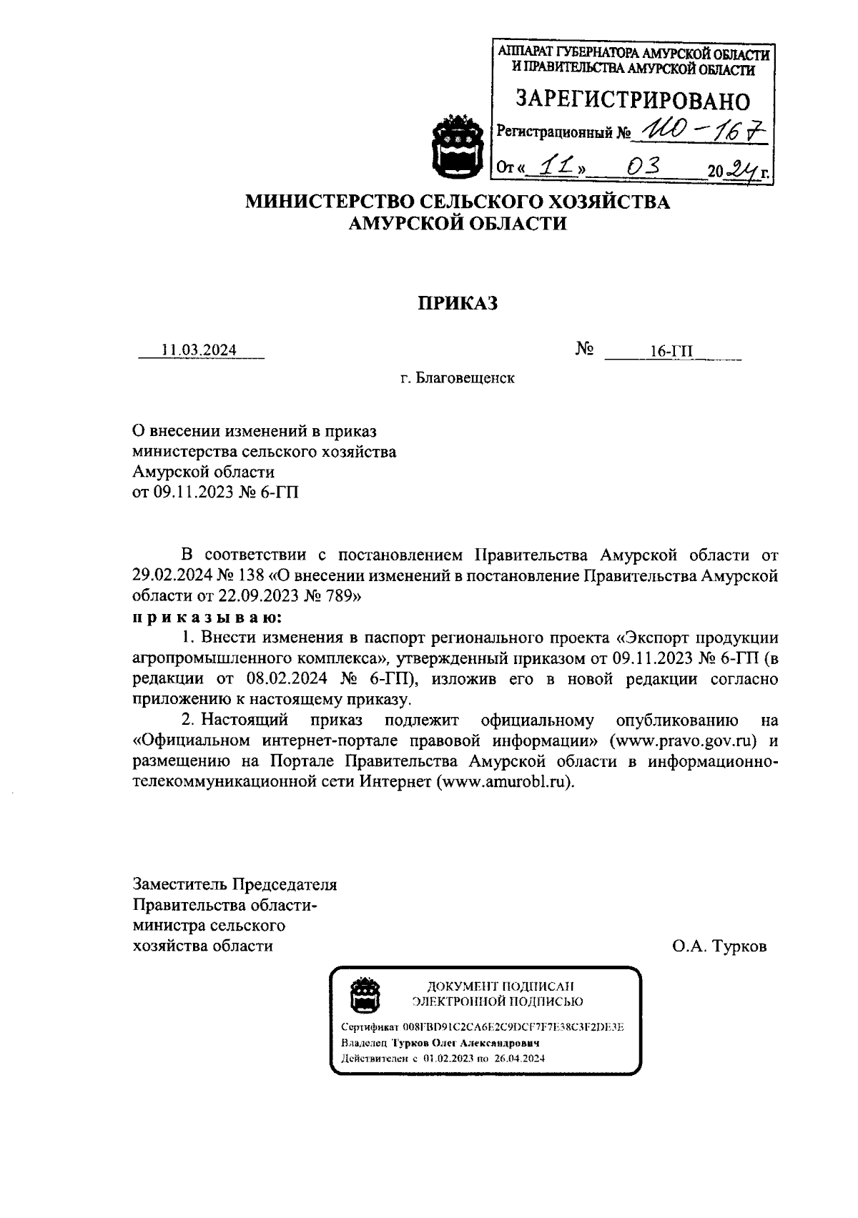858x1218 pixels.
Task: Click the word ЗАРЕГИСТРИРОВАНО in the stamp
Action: tap(633, 99)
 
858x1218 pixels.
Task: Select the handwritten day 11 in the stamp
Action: tap(551, 167)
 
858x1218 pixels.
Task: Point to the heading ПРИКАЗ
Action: tap(458, 304)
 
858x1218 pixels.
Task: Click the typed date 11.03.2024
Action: tap(199, 350)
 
